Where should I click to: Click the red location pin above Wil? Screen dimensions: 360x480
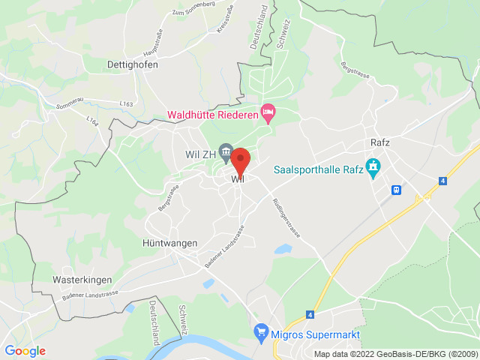tap(239, 161)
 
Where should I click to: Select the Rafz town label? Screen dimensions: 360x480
tap(381, 142)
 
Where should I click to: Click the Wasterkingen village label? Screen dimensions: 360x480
tap(82, 279)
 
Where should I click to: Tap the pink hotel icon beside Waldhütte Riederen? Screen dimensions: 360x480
tap(268, 114)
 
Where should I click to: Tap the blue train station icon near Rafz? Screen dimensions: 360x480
tap(395, 190)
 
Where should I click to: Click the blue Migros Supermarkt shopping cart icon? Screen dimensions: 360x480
tap(261, 331)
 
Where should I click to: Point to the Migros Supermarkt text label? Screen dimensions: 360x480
tap(317, 334)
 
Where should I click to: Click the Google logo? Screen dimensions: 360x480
tap(25, 351)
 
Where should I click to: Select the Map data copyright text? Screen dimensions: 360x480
tap(395, 354)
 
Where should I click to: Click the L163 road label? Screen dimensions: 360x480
tap(126, 103)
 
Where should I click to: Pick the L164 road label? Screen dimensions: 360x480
tap(92, 120)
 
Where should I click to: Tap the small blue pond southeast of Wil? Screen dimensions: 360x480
tap(282, 248)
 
